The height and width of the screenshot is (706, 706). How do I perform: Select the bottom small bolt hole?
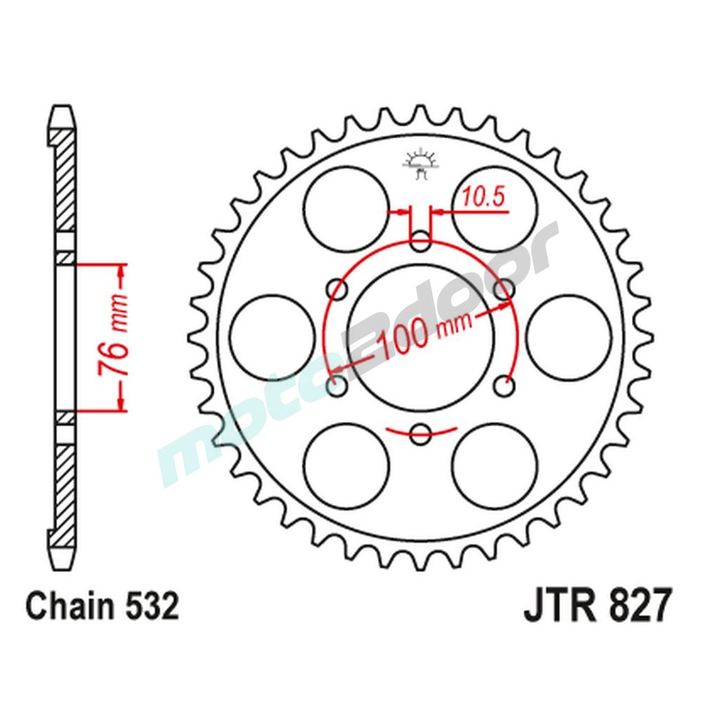point(421,433)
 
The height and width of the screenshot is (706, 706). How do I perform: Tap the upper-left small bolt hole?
point(338,289)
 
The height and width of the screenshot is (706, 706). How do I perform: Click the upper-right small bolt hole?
point(503,289)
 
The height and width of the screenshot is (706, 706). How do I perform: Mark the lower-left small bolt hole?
point(337,386)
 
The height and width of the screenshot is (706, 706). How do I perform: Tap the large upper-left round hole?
point(347,209)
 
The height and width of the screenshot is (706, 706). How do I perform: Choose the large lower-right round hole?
point(494,465)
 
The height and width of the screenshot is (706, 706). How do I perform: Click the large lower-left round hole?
point(347,465)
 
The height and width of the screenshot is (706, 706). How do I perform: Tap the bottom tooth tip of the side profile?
point(62,562)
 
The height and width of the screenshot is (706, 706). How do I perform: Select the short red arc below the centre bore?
point(421,431)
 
